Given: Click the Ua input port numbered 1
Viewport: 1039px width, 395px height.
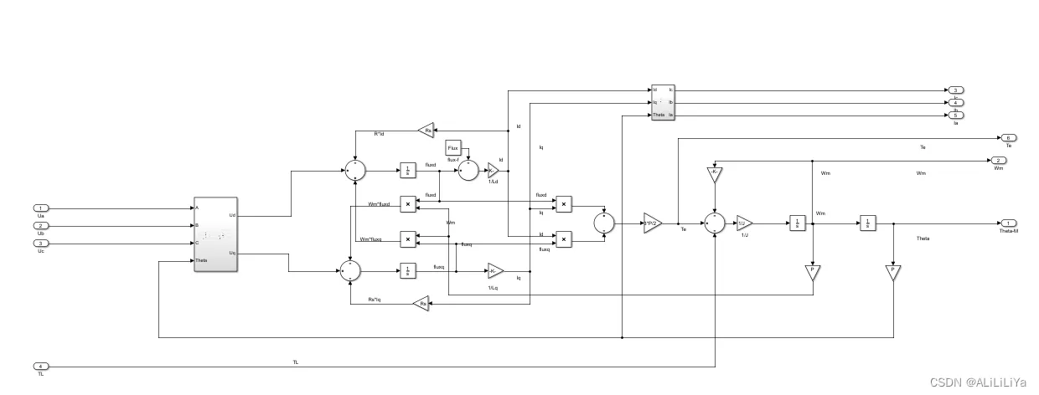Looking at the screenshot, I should tap(41, 208).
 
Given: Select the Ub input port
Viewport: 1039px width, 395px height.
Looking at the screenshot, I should tap(41, 226).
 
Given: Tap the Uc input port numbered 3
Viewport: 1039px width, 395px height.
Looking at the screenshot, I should tap(41, 244).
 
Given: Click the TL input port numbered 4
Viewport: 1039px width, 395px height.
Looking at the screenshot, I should tap(41, 367).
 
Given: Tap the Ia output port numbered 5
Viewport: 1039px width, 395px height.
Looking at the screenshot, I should tap(955, 115).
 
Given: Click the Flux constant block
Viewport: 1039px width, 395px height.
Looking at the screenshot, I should tap(453, 147).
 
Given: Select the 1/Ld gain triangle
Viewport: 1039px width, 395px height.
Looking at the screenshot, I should tap(493, 171).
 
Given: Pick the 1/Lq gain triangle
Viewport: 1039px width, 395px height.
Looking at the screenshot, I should tap(495, 270).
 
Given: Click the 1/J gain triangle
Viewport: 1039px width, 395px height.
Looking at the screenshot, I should tap(744, 223).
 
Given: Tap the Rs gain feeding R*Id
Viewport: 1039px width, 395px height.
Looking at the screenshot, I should tap(426, 130).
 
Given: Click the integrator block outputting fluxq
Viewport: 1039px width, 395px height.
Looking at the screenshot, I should tap(407, 270).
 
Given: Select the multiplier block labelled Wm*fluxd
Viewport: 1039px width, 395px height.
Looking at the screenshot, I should tap(407, 203).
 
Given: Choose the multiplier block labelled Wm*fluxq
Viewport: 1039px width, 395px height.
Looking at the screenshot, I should tap(407, 239).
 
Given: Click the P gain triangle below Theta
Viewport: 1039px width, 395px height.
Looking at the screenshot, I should tap(893, 273).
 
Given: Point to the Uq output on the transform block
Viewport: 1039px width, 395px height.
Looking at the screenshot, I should tap(231, 252).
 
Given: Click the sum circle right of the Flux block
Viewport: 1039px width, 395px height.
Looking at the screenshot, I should tap(467, 171).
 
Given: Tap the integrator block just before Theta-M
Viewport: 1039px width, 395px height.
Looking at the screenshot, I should tap(867, 223).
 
